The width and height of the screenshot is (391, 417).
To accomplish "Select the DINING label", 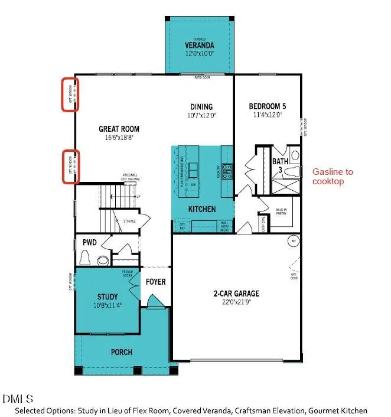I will [x=201, y=107].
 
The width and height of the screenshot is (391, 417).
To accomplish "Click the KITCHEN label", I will [x=201, y=209].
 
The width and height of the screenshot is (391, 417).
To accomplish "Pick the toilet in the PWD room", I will [x=86, y=258].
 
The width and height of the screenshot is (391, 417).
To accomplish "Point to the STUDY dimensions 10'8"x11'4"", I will [x=107, y=305].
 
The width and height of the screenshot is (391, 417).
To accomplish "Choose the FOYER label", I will [x=156, y=282].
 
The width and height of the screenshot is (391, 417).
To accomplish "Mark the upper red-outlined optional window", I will [x=72, y=95].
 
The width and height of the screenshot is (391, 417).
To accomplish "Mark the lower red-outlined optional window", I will [x=72, y=167].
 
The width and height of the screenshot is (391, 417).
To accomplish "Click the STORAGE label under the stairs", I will [x=129, y=221].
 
